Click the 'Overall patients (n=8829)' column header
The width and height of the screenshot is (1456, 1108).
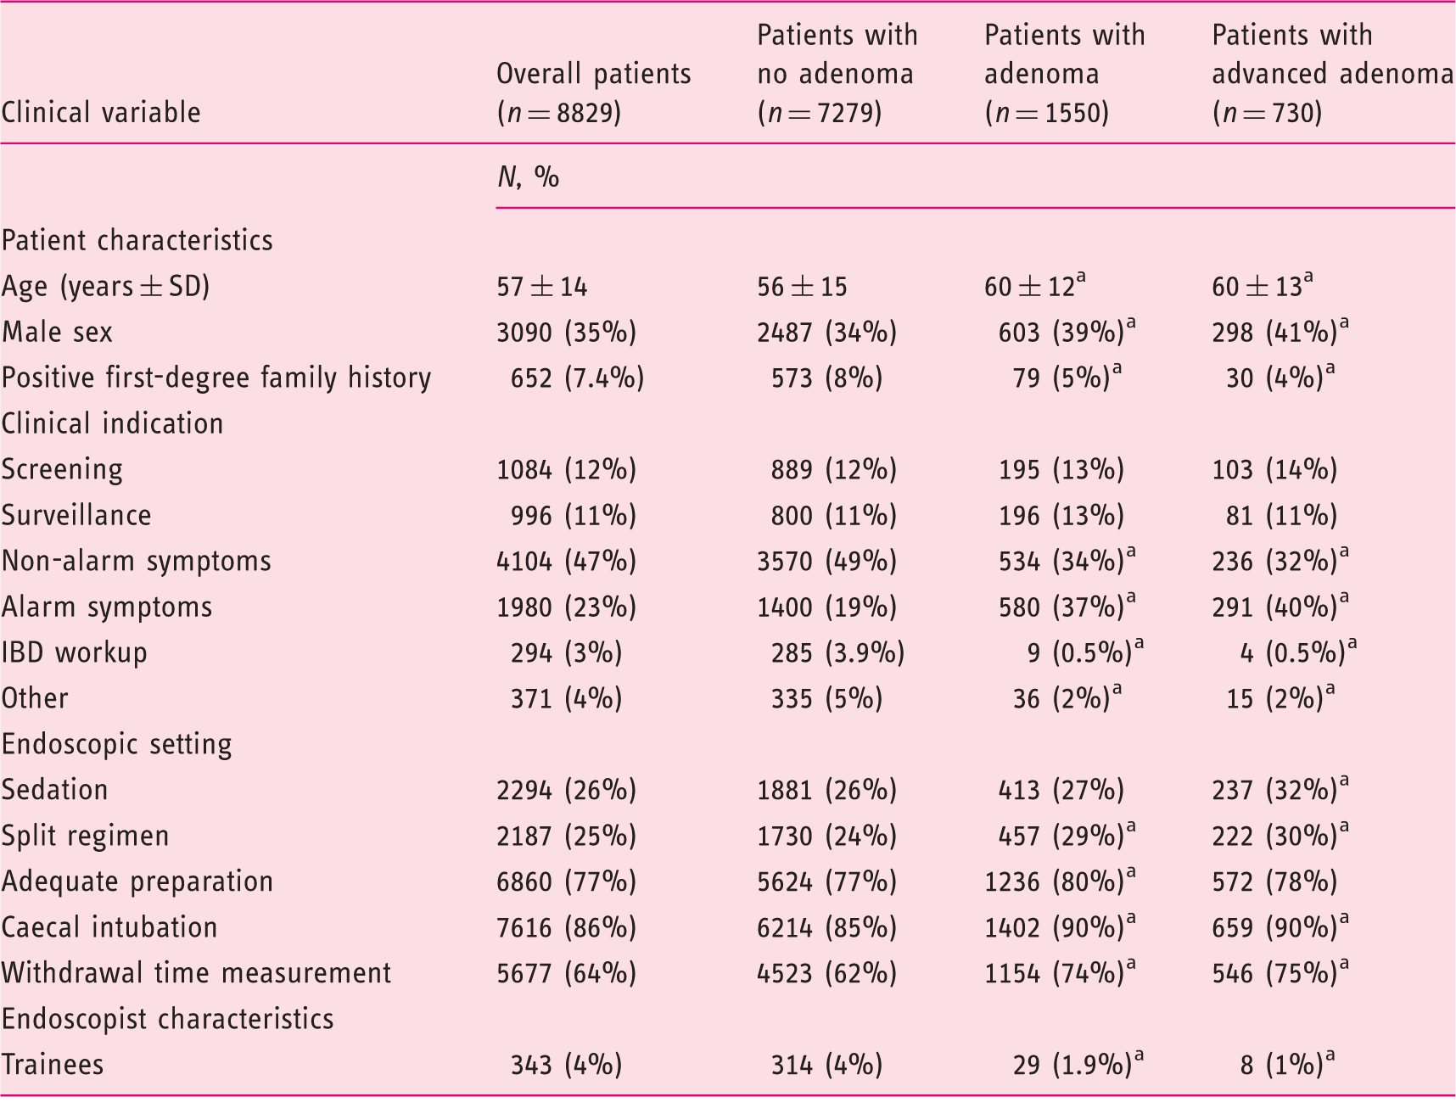click(593, 92)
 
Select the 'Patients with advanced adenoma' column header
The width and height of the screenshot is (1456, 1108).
click(1333, 74)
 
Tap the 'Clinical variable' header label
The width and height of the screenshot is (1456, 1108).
click(101, 112)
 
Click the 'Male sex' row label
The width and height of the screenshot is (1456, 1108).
click(57, 332)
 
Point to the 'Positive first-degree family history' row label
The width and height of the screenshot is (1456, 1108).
click(216, 378)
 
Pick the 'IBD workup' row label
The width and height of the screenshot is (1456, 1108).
click(75, 652)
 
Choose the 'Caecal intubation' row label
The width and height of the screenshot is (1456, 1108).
click(109, 927)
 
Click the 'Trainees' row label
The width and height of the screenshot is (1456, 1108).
click(53, 1065)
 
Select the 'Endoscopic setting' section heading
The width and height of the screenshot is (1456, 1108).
click(117, 744)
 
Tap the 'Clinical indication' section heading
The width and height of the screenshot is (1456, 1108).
click(113, 423)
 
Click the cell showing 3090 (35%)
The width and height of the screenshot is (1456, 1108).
click(567, 332)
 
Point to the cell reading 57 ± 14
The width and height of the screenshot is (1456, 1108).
click(542, 286)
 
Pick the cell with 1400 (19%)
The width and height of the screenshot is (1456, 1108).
click(827, 607)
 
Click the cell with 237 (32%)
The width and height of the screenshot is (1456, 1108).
click(1280, 789)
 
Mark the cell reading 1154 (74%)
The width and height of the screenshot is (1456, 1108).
click(1061, 972)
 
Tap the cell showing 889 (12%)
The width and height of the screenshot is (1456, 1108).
click(834, 469)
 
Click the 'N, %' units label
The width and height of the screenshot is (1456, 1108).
click(528, 176)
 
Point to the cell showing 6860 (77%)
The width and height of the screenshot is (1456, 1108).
click(567, 881)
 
